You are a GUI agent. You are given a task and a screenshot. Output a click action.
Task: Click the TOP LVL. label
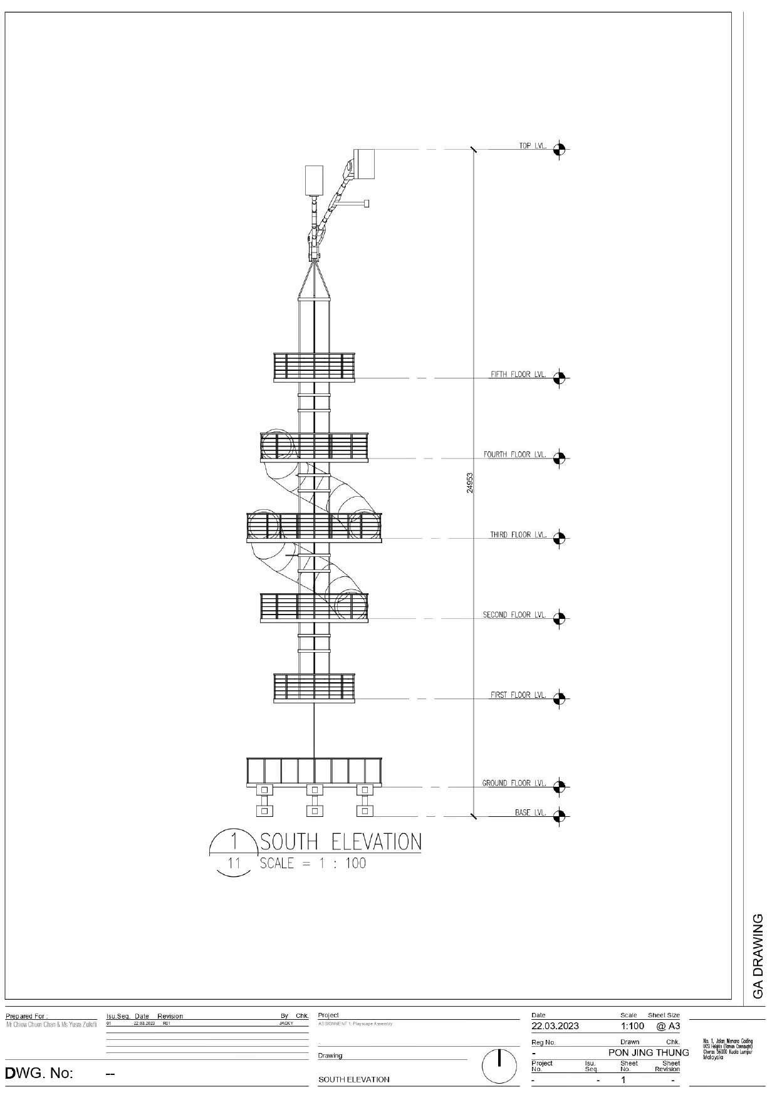click(532, 146)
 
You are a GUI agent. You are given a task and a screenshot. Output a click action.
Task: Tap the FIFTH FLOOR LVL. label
click(518, 375)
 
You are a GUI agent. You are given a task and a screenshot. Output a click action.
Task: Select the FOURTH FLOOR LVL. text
click(514, 455)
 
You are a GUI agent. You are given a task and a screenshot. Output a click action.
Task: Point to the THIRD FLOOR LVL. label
click(518, 535)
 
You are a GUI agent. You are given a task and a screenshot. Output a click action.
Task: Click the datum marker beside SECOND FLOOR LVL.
click(560, 618)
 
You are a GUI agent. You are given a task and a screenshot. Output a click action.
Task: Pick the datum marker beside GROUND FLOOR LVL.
click(560, 786)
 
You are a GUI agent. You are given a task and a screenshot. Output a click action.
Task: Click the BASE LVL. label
click(530, 813)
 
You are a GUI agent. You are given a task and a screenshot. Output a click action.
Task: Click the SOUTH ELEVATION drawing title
click(340, 841)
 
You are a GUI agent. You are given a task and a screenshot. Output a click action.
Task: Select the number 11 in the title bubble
click(234, 864)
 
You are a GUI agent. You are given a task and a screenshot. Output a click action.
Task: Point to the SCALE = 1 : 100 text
click(313, 863)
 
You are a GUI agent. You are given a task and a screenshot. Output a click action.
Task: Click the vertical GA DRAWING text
click(758, 956)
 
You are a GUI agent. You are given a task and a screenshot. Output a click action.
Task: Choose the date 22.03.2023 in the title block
click(555, 1026)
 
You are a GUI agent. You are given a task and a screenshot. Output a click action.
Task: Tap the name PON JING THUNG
click(648, 1052)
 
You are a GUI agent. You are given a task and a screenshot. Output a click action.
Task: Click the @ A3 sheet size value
click(667, 1026)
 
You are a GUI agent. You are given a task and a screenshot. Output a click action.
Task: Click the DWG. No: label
click(39, 1074)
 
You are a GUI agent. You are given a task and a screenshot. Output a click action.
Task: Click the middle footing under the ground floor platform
click(315, 801)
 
